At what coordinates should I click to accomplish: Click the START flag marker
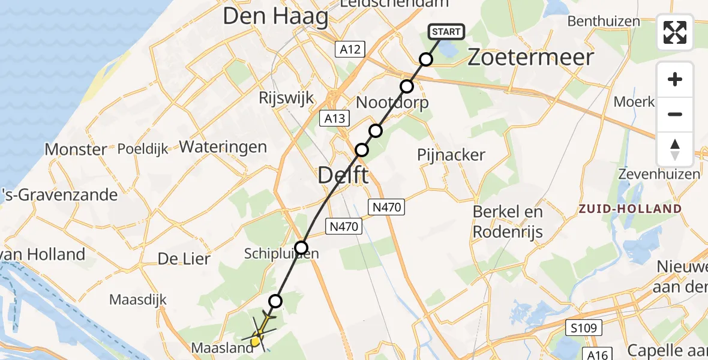click(x=446, y=31)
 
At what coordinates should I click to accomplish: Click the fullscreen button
click(x=675, y=32)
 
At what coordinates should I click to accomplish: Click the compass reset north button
click(x=675, y=149)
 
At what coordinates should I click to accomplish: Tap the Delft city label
click(x=343, y=176)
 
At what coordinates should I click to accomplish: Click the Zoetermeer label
click(x=530, y=58)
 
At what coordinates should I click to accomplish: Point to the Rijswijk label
click(x=286, y=98)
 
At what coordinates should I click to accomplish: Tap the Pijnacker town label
click(x=451, y=155)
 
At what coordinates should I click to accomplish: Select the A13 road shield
click(x=335, y=118)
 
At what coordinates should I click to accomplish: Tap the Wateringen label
click(x=223, y=146)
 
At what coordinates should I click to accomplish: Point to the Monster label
click(x=76, y=149)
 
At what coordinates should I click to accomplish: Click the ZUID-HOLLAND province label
click(x=630, y=209)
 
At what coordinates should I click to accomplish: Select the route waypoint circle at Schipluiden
click(x=301, y=247)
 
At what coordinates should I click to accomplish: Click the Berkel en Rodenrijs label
click(x=508, y=221)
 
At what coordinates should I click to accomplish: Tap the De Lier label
click(x=184, y=259)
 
